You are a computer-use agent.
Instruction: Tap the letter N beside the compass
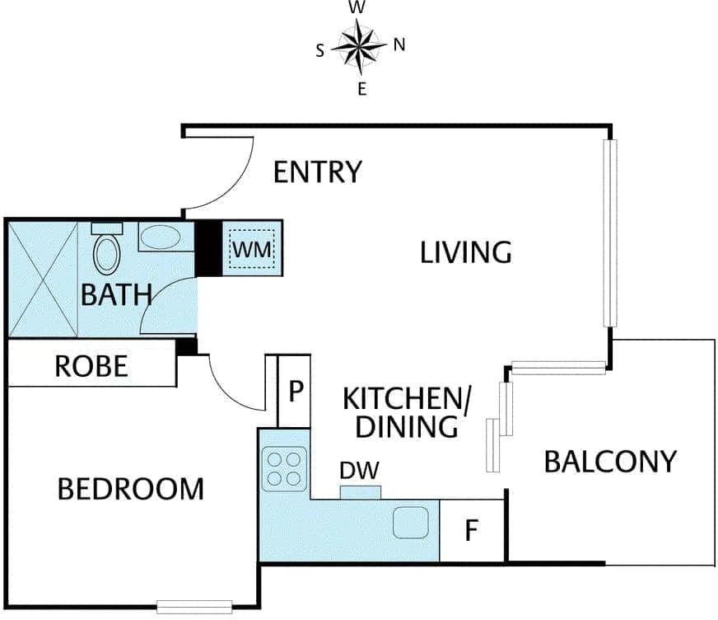399,45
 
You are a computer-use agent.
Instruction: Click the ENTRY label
318,172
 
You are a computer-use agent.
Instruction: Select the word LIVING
466,252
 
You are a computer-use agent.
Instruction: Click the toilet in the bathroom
107,249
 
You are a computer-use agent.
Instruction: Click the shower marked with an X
43,279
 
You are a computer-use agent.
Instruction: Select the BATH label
116,295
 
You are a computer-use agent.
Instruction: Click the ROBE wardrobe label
91,366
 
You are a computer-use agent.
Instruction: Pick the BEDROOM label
130,489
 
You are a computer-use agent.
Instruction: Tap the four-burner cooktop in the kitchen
284,468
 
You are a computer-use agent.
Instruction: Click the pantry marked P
295,391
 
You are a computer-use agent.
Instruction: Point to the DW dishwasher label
360,471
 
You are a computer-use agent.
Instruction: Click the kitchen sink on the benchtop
411,523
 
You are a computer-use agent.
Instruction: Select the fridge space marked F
472,530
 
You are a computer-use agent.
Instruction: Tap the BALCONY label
610,462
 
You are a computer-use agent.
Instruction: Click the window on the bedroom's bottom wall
194,607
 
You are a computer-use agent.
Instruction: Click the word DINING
407,426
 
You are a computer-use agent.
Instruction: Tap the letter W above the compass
357,7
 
